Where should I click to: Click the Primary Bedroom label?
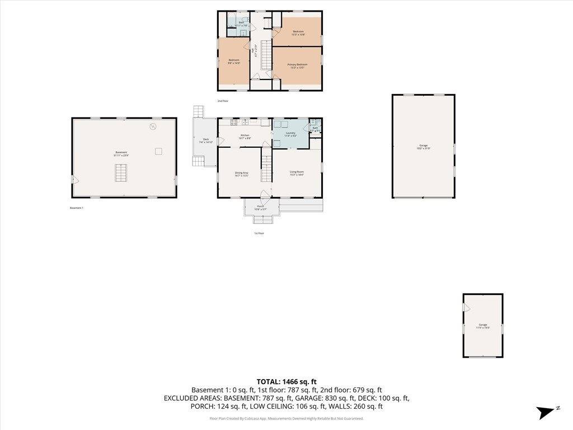[297, 66]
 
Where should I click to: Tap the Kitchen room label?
[245, 136]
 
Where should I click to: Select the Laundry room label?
[290, 134]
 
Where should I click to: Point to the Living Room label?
[297, 172]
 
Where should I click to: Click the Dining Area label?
[242, 174]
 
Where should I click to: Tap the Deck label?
[206, 141]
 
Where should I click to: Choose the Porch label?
[261, 208]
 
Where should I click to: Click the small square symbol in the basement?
[158, 151]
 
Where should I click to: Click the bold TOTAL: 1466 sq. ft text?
[286, 381]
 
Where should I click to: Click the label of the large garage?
[423, 147]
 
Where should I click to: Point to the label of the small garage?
[482, 326]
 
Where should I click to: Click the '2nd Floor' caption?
[223, 101]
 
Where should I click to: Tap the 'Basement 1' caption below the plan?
[76, 208]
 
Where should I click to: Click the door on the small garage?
[466, 306]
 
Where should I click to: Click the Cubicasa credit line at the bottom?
[286, 418]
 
